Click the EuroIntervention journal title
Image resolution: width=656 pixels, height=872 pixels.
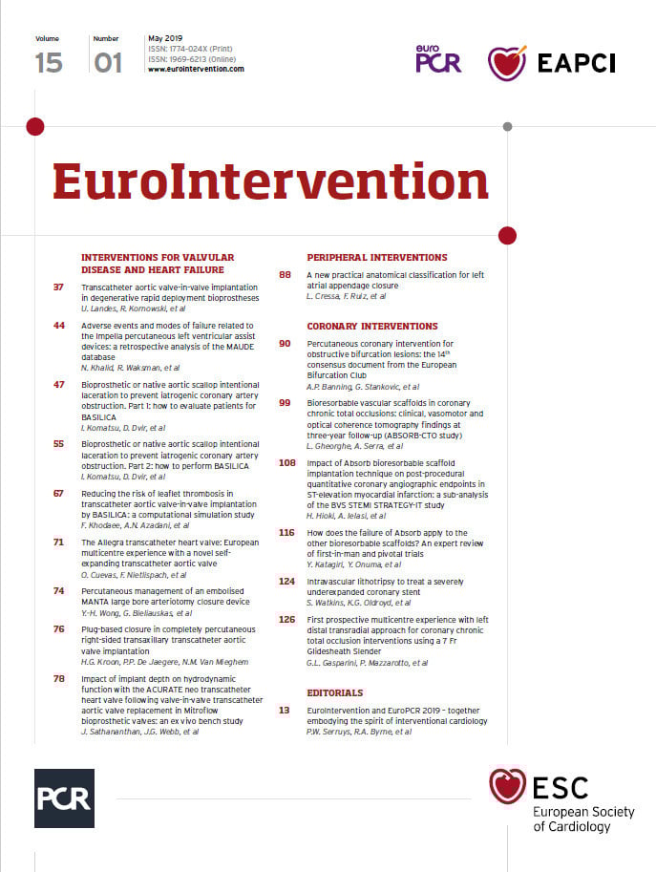tap(270, 181)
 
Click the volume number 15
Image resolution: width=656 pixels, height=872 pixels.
tap(49, 62)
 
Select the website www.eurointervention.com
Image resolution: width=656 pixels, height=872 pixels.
tap(196, 69)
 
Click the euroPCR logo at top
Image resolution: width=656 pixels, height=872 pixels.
tap(437, 60)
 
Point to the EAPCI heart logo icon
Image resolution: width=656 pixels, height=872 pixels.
tap(506, 63)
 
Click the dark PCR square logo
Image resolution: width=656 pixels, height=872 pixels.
tap(64, 798)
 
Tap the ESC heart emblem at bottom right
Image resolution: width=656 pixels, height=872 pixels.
tap(507, 787)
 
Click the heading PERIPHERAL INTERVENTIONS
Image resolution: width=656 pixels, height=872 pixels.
tap(376, 258)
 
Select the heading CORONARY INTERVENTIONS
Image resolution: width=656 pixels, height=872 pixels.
tap(372, 327)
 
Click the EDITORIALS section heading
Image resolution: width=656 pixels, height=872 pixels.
tap(334, 692)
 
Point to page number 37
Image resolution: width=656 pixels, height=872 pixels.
tap(59, 287)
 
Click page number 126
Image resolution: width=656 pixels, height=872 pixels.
tap(286, 620)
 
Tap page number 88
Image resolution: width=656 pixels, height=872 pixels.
tap(285, 275)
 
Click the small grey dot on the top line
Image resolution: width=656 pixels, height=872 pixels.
tap(507, 126)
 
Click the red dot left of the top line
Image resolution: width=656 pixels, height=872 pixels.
tap(34, 126)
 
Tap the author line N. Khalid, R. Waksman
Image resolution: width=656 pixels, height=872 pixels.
tap(129, 368)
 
